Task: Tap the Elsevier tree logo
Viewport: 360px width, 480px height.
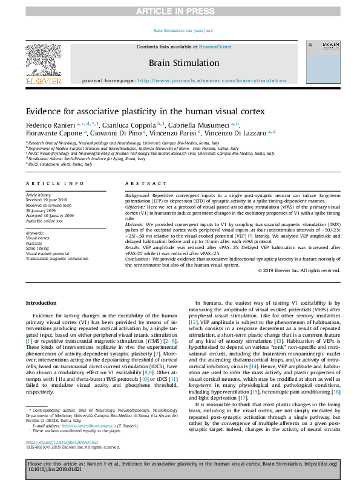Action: tap(43, 60)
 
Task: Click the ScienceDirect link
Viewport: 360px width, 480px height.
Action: tap(215, 47)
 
